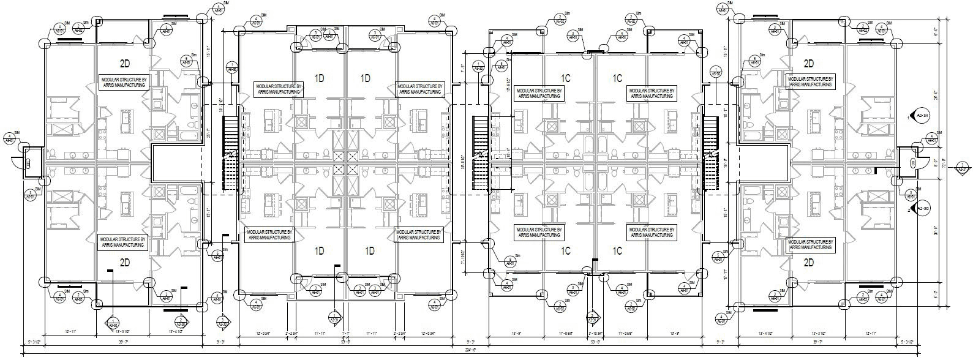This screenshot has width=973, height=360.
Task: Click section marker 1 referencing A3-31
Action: point(336,318)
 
